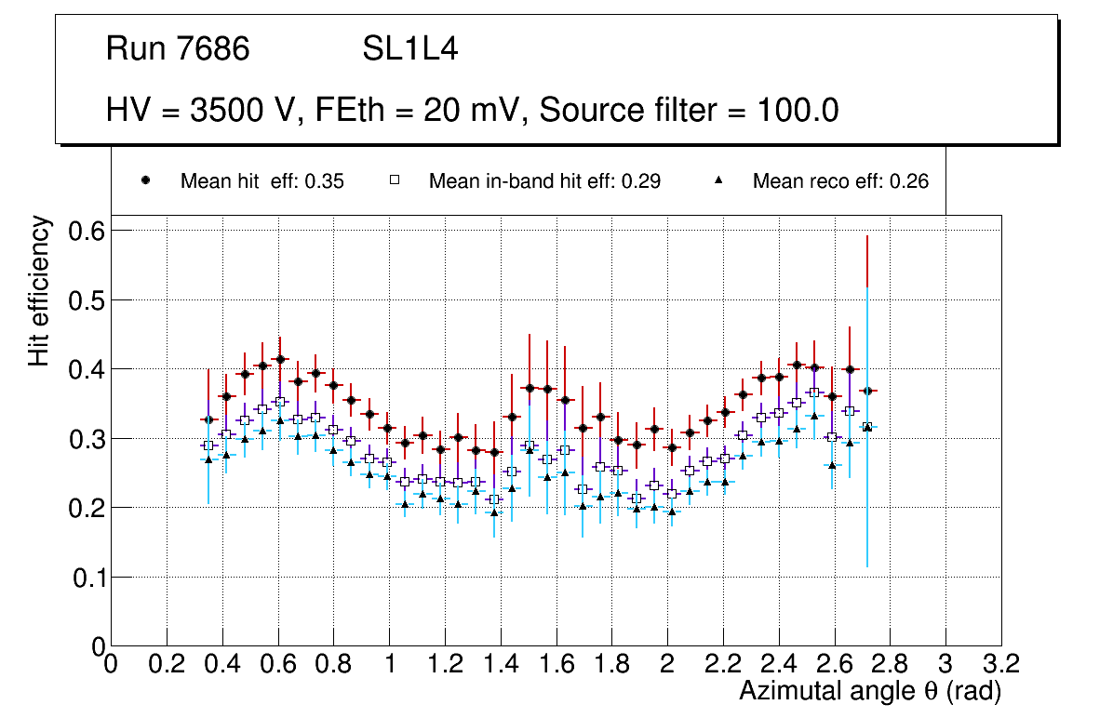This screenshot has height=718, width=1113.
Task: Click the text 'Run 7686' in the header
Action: [178, 49]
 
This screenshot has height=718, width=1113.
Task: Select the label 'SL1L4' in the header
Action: [409, 49]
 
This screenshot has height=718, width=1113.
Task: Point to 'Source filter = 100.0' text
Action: [690, 111]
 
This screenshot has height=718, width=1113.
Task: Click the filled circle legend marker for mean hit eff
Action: [145, 180]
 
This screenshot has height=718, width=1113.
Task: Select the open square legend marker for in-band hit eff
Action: [395, 180]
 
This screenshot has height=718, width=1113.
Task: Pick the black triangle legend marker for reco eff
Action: [719, 180]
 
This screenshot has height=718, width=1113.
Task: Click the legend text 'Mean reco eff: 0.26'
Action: [840, 181]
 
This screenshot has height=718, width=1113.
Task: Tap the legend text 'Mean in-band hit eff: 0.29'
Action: [544, 181]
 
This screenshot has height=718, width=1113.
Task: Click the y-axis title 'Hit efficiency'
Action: [38, 290]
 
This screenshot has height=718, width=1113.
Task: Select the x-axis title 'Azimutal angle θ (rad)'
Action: [870, 691]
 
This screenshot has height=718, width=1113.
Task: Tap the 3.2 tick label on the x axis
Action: [1000, 663]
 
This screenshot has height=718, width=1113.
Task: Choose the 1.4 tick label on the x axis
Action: [501, 663]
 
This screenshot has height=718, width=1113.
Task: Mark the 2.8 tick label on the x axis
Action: [890, 663]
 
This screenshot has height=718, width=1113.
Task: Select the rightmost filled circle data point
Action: [867, 392]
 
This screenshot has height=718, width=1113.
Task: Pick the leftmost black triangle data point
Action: [208, 459]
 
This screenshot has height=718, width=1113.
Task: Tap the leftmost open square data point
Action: [208, 445]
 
